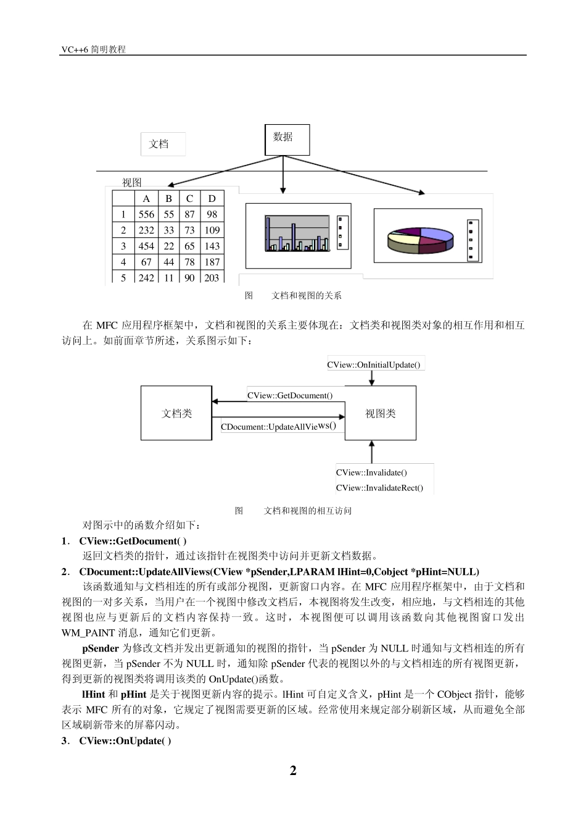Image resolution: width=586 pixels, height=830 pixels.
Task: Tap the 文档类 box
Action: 176,413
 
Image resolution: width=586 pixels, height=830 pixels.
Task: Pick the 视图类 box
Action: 380,413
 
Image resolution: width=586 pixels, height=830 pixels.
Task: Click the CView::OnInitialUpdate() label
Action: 374,364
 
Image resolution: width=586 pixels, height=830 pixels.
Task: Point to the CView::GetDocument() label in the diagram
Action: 290,395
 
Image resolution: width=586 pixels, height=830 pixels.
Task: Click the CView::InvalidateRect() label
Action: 379,488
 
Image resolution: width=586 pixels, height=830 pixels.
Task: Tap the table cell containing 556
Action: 146,214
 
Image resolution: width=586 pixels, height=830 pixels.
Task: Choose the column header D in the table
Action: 212,198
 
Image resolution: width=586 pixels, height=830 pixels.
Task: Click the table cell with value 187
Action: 212,262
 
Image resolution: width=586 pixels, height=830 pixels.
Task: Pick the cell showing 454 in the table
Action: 146,246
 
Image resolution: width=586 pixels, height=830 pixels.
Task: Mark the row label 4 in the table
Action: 123,262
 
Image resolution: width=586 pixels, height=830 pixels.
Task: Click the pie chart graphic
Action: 420,240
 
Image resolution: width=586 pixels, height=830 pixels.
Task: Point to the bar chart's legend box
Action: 343,233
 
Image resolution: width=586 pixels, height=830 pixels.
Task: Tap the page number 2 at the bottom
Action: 293,771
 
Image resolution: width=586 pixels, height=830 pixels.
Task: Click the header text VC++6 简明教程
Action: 93,49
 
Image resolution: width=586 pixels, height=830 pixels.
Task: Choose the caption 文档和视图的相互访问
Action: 307,511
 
